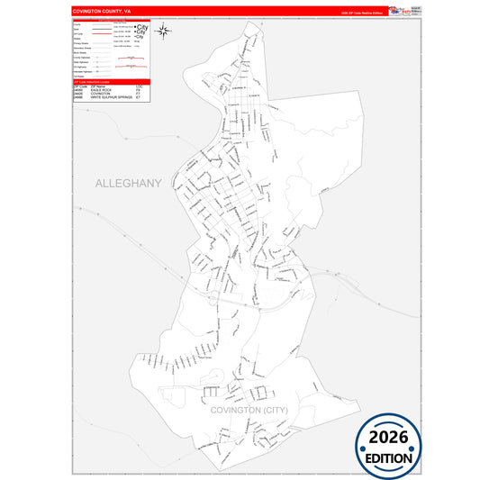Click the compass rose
pos(164,32)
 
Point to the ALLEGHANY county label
pos(129,183)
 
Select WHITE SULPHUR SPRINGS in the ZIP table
pos(112,98)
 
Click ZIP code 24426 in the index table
pos(77,95)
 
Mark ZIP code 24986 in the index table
pos(77,98)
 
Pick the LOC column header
pos(139,86)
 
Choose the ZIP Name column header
pos(98,86)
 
